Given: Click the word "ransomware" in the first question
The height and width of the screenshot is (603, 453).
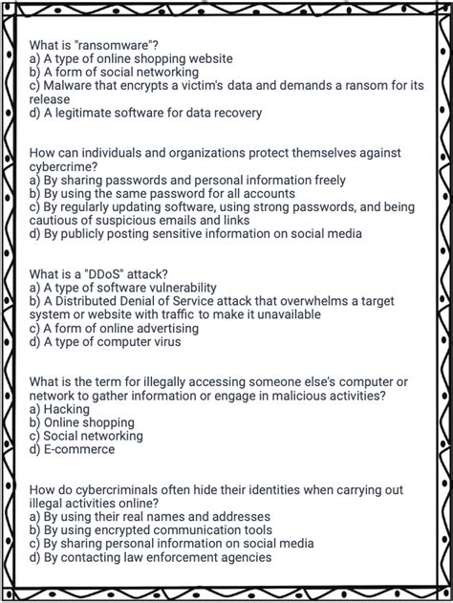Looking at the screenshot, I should [119, 45].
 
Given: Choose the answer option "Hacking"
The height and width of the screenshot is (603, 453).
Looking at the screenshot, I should [67, 408].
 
